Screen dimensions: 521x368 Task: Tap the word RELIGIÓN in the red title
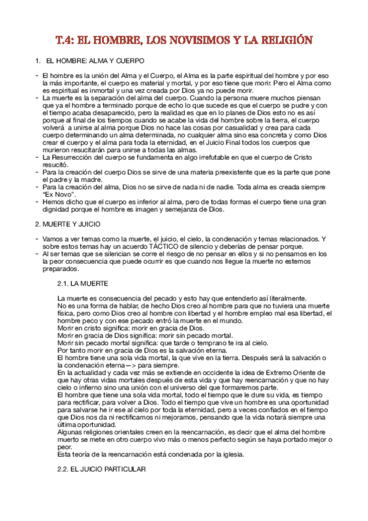pyautogui.click(x=286, y=41)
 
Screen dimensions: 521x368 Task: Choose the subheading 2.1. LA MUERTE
pyautogui.click(x=82, y=284)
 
